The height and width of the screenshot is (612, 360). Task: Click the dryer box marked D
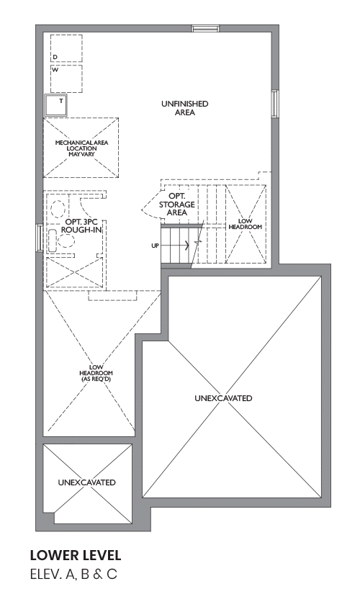(x=66, y=48)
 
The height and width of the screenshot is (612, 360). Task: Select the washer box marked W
(x=66, y=79)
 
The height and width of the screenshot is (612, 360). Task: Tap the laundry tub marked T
(x=56, y=104)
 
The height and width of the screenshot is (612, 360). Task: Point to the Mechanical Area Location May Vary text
(x=81, y=148)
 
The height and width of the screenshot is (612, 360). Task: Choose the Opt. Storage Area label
(x=177, y=204)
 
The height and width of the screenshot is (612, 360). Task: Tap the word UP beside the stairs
(x=155, y=246)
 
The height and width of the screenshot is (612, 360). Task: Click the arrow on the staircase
(x=175, y=246)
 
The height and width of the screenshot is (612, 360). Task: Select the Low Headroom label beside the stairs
(x=246, y=224)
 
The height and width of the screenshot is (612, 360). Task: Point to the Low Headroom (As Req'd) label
(x=96, y=373)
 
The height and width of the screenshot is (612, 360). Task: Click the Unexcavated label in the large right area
(x=223, y=398)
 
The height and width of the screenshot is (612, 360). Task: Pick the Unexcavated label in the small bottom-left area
(x=86, y=482)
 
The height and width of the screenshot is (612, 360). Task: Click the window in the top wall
(x=205, y=29)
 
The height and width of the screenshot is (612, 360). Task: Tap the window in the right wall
(x=275, y=104)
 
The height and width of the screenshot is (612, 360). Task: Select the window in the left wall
(x=40, y=238)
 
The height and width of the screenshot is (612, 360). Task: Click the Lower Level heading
(x=76, y=555)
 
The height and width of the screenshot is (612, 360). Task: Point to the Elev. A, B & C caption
(x=73, y=575)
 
